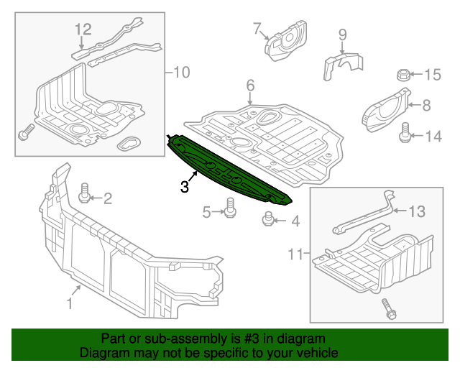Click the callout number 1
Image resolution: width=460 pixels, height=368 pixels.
70,304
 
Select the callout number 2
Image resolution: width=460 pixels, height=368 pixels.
108,198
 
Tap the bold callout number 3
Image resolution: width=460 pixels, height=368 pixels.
185,187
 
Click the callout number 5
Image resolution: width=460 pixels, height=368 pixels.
206,211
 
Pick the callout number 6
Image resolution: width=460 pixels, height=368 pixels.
250,86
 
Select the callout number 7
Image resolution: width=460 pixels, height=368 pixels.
256,29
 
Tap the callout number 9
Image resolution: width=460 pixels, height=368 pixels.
342,34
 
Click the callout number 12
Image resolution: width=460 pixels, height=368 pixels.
83,29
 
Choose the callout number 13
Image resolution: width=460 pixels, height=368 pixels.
418,211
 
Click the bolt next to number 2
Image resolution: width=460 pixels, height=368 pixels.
85,192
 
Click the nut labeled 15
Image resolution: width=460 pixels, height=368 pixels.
403,74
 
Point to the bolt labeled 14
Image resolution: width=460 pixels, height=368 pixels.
405,132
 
